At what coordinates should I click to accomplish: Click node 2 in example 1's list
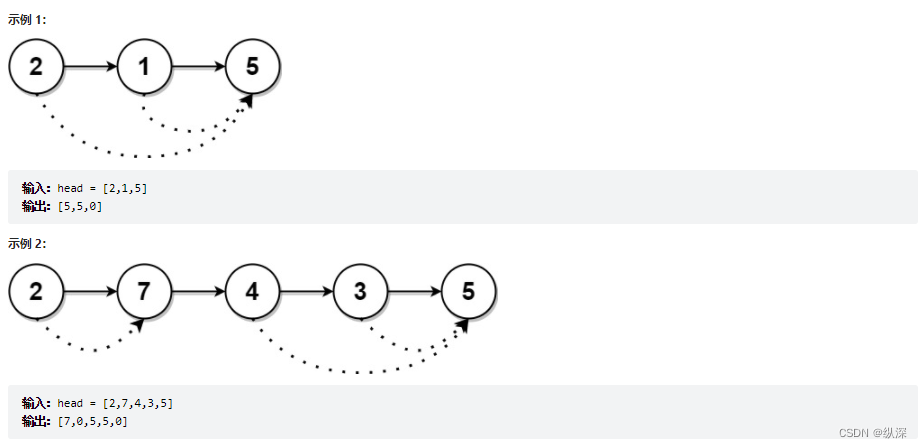tap(37, 67)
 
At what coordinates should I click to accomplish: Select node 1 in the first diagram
tap(145, 67)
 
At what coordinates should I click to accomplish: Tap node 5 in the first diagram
tap(252, 67)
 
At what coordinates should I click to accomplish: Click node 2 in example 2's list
tap(37, 292)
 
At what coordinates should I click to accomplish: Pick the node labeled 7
tap(145, 292)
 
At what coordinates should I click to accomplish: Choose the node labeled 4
tap(253, 292)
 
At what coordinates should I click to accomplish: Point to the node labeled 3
tap(361, 292)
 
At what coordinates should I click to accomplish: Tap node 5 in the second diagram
tap(469, 292)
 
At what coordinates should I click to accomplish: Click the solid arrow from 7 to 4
tap(199, 292)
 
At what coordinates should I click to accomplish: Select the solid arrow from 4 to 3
tap(307, 292)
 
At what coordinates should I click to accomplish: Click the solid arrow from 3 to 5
tap(415, 292)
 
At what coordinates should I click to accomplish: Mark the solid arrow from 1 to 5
tap(199, 67)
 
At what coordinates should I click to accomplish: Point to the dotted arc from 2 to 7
tap(92, 348)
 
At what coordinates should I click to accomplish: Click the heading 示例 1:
tap(27, 19)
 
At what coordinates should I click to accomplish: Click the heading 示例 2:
tap(27, 243)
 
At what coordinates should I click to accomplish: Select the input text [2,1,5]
tap(124, 188)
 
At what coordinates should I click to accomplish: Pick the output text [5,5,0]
tap(80, 206)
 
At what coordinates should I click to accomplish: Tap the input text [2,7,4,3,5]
tap(137, 403)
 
